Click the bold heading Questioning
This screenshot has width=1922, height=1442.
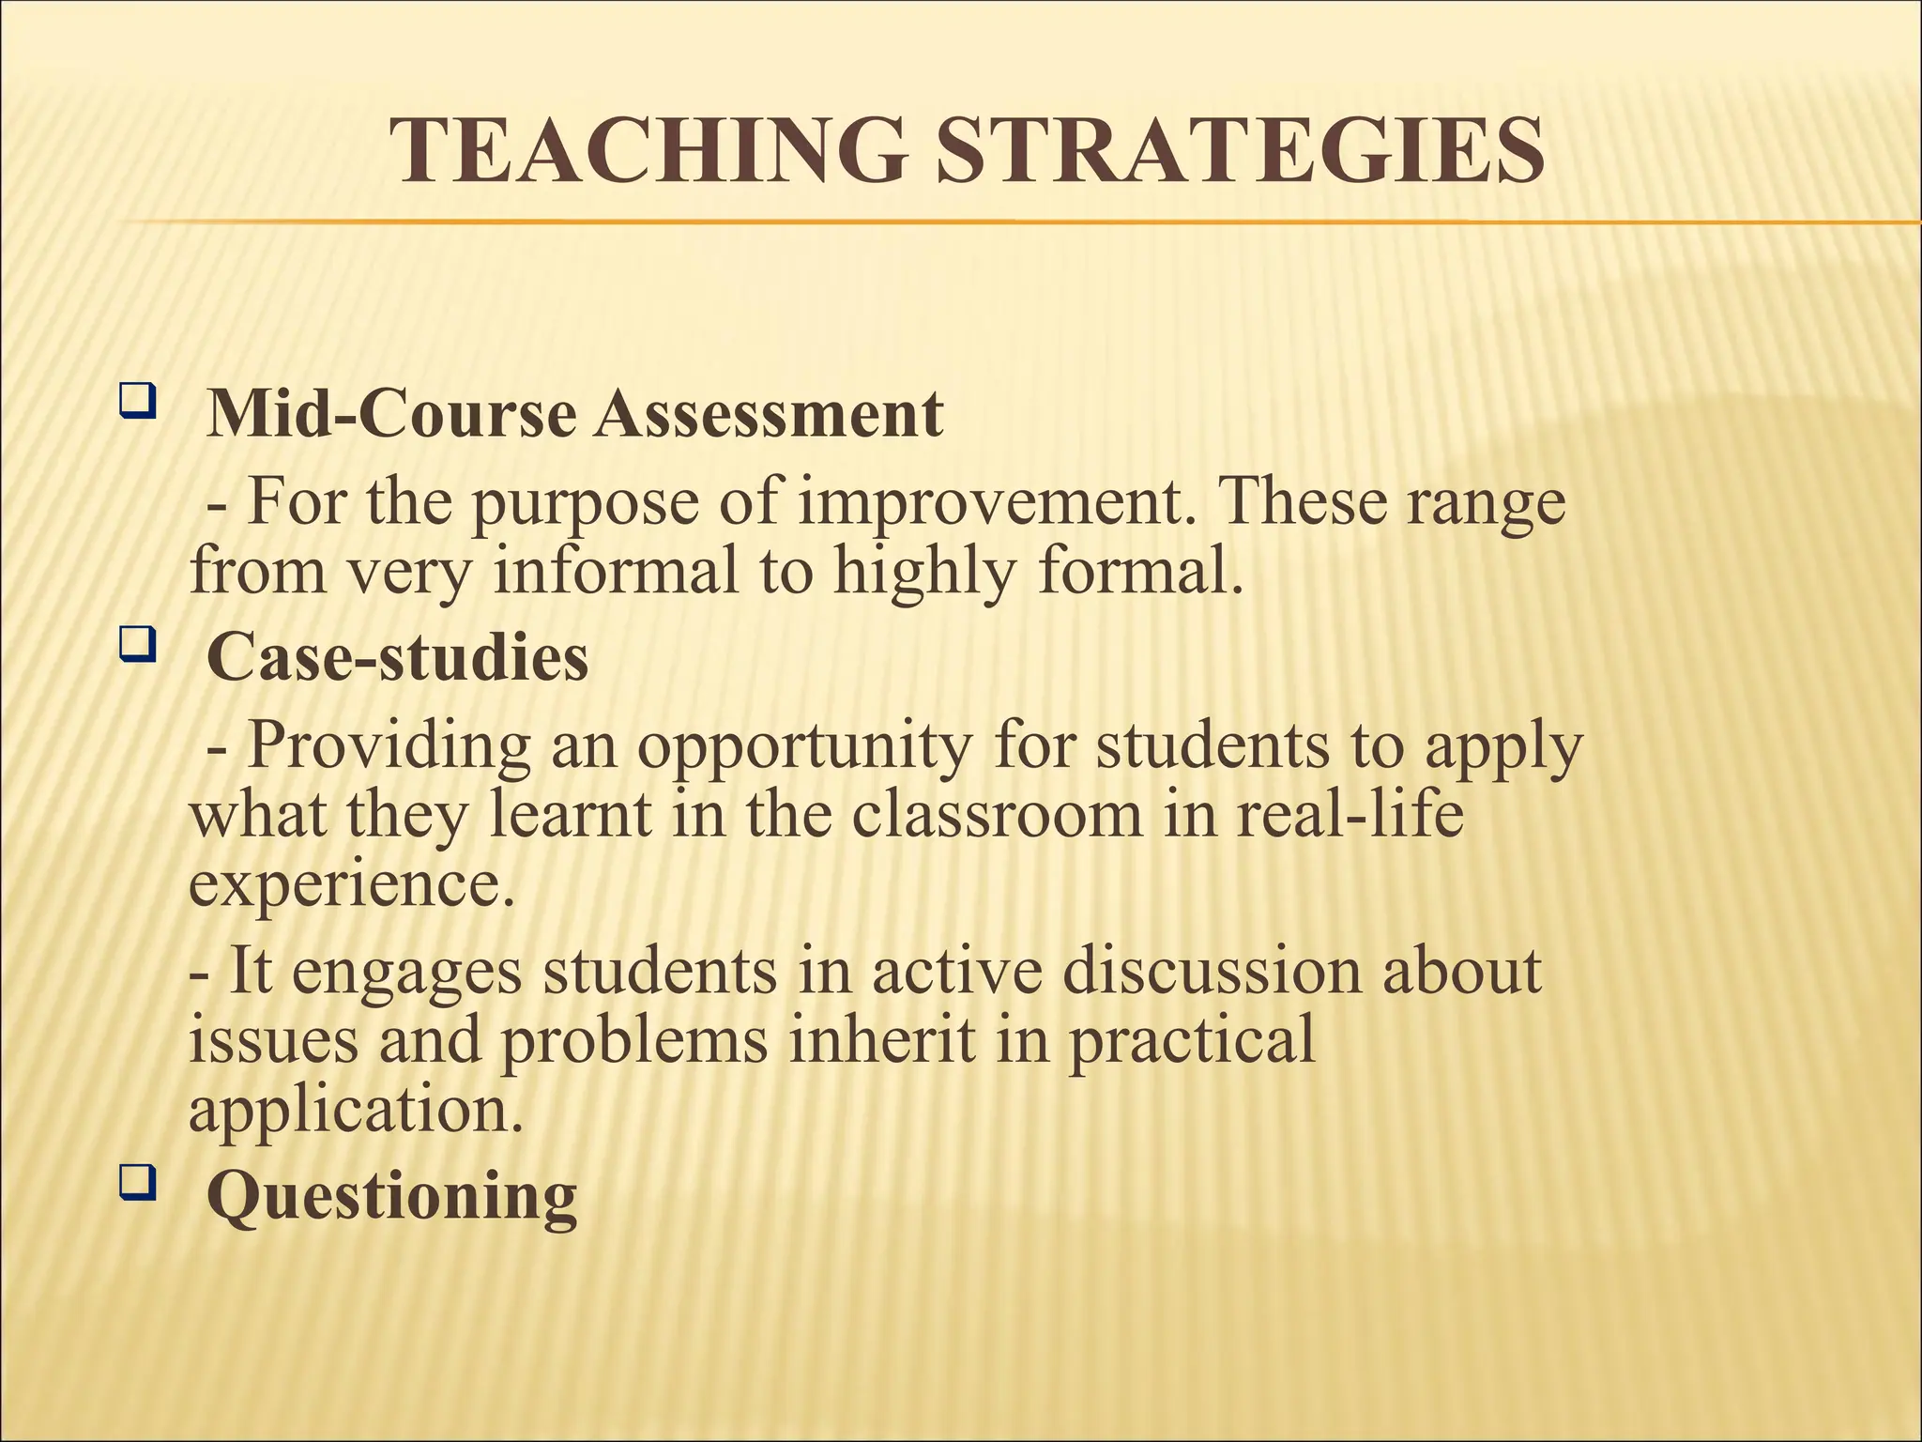(x=391, y=1197)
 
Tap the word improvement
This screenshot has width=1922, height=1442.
(x=996, y=502)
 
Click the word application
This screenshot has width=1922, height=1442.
(x=355, y=1109)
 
